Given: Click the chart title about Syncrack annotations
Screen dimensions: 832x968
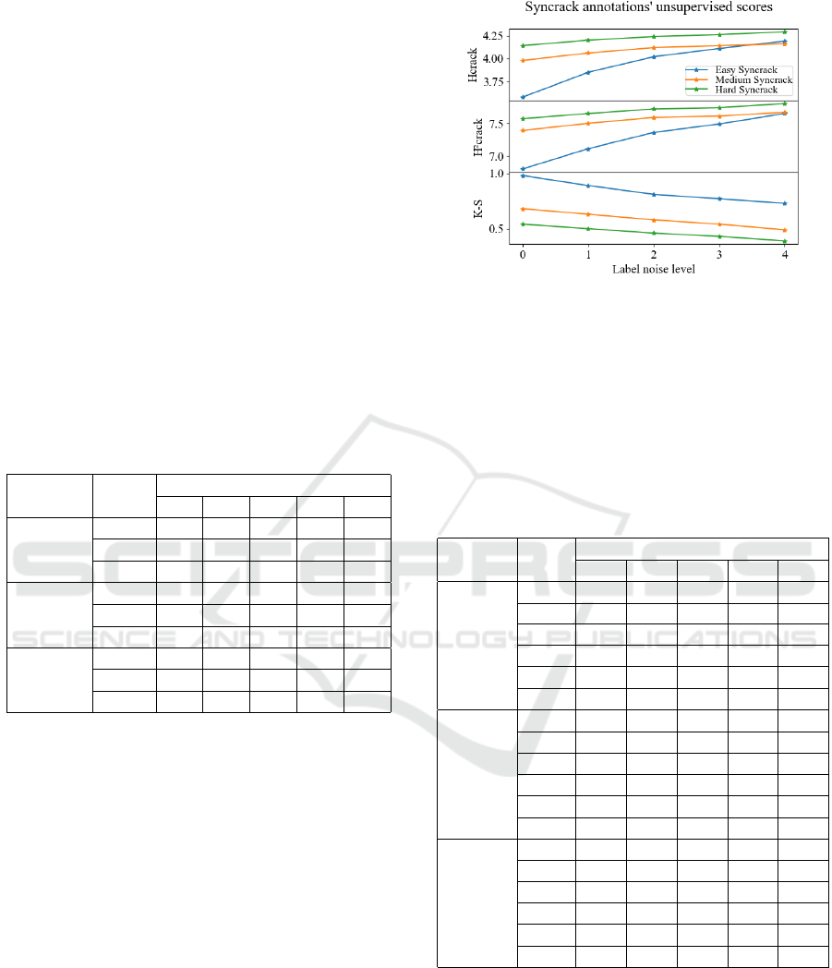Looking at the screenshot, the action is tap(648, 7).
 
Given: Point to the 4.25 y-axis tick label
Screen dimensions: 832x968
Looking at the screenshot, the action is tap(492, 36).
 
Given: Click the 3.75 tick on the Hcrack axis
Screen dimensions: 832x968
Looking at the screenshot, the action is tap(492, 81).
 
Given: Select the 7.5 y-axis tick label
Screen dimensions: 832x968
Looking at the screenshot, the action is tap(496, 124).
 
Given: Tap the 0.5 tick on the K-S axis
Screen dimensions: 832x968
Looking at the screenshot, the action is tap(496, 229).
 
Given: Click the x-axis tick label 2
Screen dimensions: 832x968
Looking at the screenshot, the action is tap(654, 254).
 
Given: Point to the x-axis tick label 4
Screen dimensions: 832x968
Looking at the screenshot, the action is tap(785, 254).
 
